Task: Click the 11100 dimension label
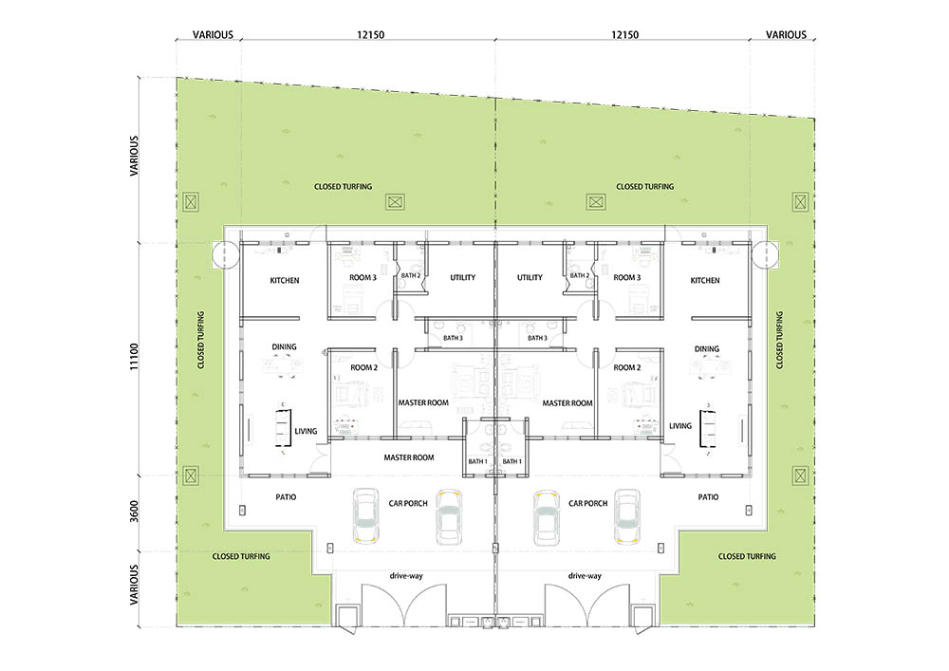pyautogui.click(x=134, y=357)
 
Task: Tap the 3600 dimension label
pyautogui.click(x=134, y=512)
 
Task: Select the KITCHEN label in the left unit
pyautogui.click(x=285, y=280)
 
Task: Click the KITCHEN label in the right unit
pyautogui.click(x=705, y=280)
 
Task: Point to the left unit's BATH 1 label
pyautogui.click(x=477, y=461)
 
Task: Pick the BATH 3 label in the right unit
pyautogui.click(x=537, y=338)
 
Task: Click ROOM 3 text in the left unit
pyautogui.click(x=363, y=278)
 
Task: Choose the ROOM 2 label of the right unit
pyautogui.click(x=627, y=367)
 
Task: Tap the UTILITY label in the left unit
pyautogui.click(x=462, y=278)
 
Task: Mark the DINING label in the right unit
pyautogui.click(x=706, y=349)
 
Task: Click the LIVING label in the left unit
pyautogui.click(x=306, y=432)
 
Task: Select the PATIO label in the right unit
pyautogui.click(x=708, y=497)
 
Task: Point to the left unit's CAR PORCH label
pyautogui.click(x=408, y=503)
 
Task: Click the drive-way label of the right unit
pyautogui.click(x=585, y=576)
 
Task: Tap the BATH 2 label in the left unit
pyautogui.click(x=410, y=276)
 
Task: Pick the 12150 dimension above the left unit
pyautogui.click(x=370, y=34)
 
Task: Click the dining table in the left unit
pyautogui.click(x=283, y=365)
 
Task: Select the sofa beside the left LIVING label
pyautogui.click(x=283, y=428)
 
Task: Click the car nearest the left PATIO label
pyautogui.click(x=365, y=515)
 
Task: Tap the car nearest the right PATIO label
pyautogui.click(x=627, y=515)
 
